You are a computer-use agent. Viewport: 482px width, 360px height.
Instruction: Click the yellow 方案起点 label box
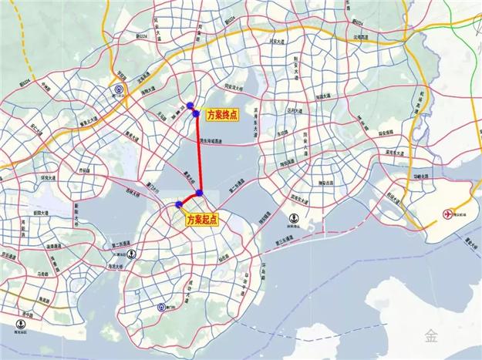click(x=202, y=220)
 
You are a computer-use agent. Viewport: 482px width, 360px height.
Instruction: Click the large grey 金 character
click(x=429, y=334)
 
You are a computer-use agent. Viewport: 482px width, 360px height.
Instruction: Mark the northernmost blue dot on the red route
click(x=190, y=106)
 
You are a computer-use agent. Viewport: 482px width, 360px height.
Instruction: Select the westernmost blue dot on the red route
click(x=180, y=204)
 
